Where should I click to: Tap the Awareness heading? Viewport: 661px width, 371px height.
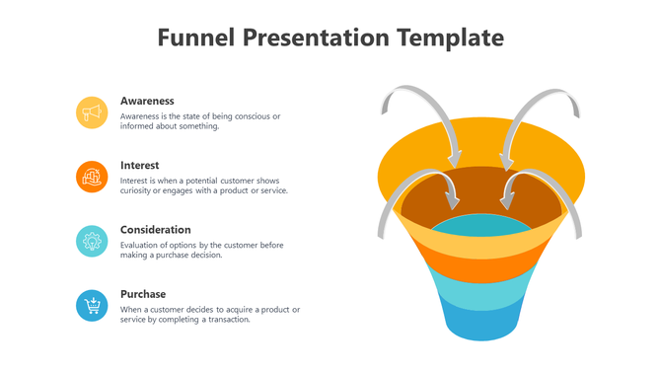click(147, 101)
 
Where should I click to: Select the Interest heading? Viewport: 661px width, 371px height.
click(139, 165)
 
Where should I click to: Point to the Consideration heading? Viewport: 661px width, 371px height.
click(155, 230)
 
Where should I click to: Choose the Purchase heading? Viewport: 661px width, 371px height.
click(143, 294)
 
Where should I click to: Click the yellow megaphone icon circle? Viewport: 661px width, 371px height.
click(92, 112)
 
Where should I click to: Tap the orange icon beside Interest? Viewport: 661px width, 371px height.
click(92, 177)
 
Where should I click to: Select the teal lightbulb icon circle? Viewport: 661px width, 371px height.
click(92, 241)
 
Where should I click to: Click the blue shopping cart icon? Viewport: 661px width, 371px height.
click(92, 305)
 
